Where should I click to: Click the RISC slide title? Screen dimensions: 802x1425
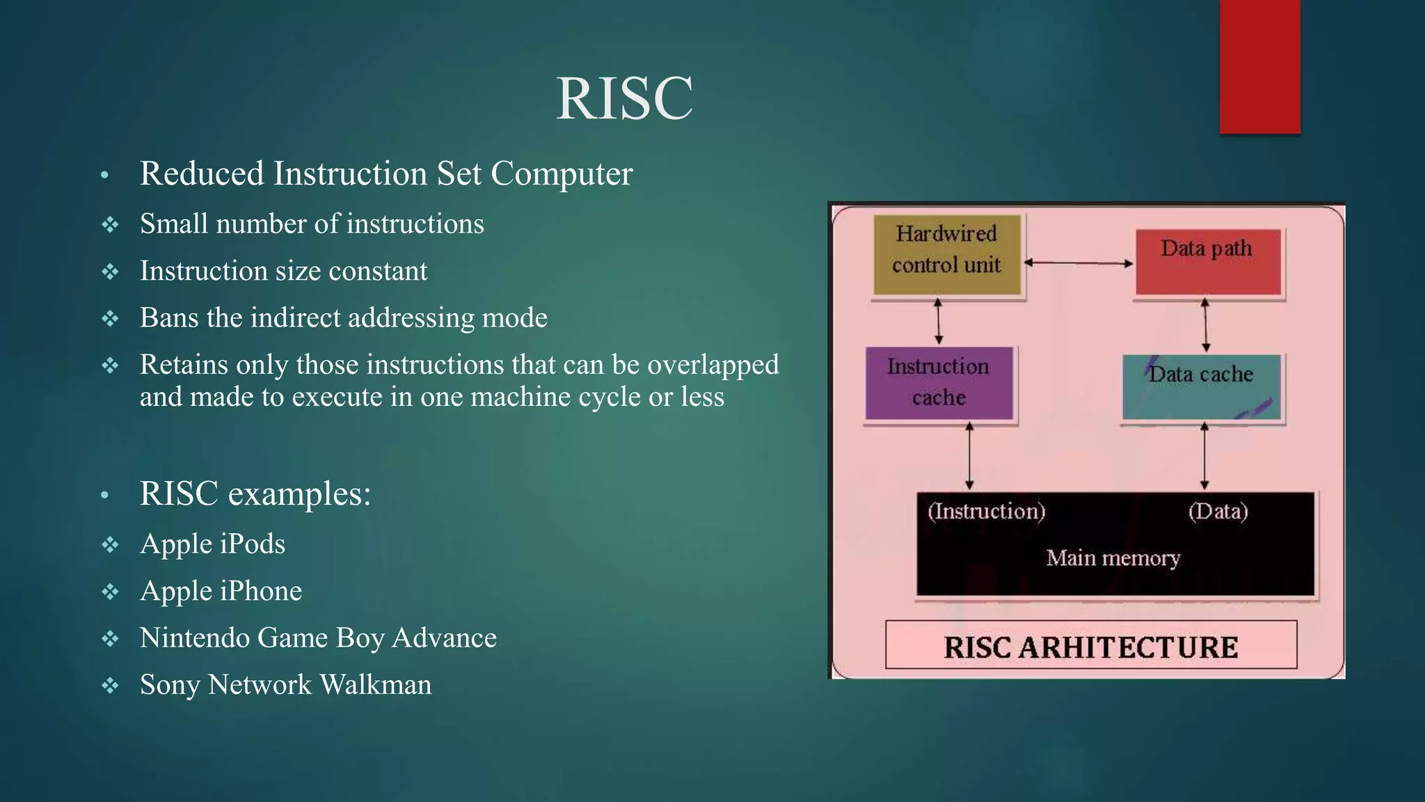point(624,98)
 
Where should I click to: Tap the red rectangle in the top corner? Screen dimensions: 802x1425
point(1259,66)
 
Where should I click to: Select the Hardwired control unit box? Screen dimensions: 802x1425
point(946,255)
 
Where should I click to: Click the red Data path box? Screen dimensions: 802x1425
point(1208,262)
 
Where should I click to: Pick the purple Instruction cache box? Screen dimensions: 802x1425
point(939,383)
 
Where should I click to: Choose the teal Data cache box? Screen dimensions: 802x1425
point(1202,387)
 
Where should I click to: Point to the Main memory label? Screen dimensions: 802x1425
point(1113,558)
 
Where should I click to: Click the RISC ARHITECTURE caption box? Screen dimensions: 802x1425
point(1090,645)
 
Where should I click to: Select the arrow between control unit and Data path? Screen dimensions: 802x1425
point(1078,263)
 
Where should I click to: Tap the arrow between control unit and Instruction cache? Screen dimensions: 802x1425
point(938,322)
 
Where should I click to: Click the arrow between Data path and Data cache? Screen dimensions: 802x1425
point(1206,325)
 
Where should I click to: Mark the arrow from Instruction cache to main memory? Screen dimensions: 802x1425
point(969,457)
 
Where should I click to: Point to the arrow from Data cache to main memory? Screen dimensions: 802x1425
point(1204,457)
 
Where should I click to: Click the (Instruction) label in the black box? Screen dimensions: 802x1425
point(986,512)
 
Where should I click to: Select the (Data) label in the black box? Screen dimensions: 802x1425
point(1218,512)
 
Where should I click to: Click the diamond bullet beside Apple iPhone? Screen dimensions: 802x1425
point(110,592)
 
